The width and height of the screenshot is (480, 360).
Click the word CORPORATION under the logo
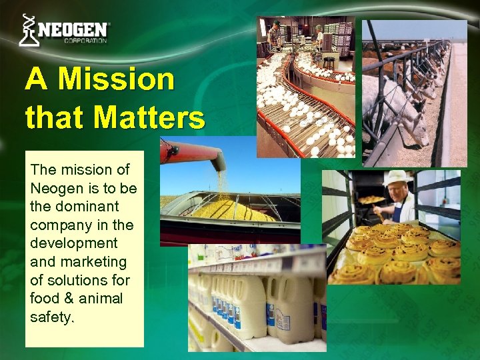click(x=85, y=41)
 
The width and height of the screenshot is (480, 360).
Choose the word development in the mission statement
click(x=73, y=243)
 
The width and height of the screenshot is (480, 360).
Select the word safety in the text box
click(x=51, y=317)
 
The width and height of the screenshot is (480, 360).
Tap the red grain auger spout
click(x=193, y=153)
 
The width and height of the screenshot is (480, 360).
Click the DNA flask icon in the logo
click(x=28, y=30)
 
